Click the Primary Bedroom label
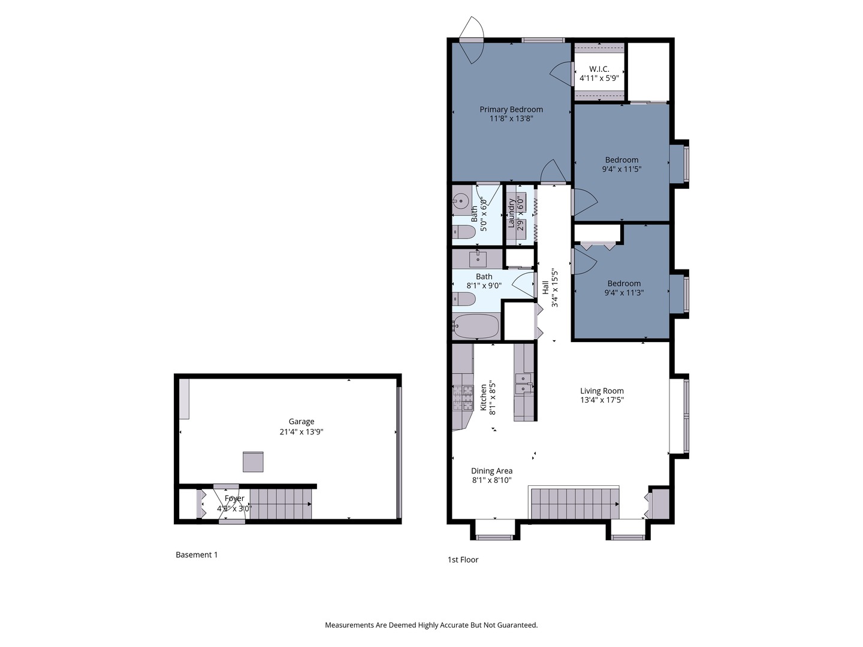(511, 109)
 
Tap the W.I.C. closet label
(599, 69)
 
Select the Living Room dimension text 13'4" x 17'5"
(602, 400)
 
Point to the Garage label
(301, 422)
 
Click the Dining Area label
(491, 471)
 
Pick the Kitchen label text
(483, 398)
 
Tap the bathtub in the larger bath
(476, 326)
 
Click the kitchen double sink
(524, 383)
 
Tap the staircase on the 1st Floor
(575, 504)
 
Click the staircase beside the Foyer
(280, 504)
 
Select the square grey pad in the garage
(253, 461)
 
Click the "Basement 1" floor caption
(197, 555)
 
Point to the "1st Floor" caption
(463, 560)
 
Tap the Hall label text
(545, 287)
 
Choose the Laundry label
(511, 213)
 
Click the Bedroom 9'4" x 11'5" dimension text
(621, 170)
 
